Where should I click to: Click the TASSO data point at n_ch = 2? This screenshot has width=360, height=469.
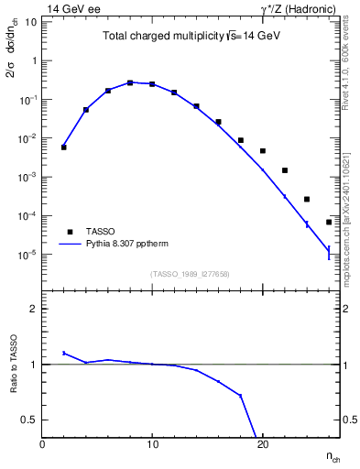click(64, 147)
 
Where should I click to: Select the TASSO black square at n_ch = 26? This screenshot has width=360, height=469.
click(329, 222)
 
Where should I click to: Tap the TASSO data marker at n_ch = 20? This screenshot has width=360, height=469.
click(263, 150)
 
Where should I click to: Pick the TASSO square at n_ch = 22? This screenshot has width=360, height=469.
click(285, 170)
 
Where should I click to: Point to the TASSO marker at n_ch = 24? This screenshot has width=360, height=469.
click(307, 199)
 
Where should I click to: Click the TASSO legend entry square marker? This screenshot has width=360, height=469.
click(71, 232)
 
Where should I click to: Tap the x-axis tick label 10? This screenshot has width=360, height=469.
click(152, 444)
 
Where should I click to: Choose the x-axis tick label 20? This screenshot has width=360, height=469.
click(262, 444)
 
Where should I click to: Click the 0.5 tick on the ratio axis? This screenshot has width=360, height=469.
click(30, 420)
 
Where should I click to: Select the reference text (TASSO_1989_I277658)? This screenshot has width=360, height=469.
click(191, 274)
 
